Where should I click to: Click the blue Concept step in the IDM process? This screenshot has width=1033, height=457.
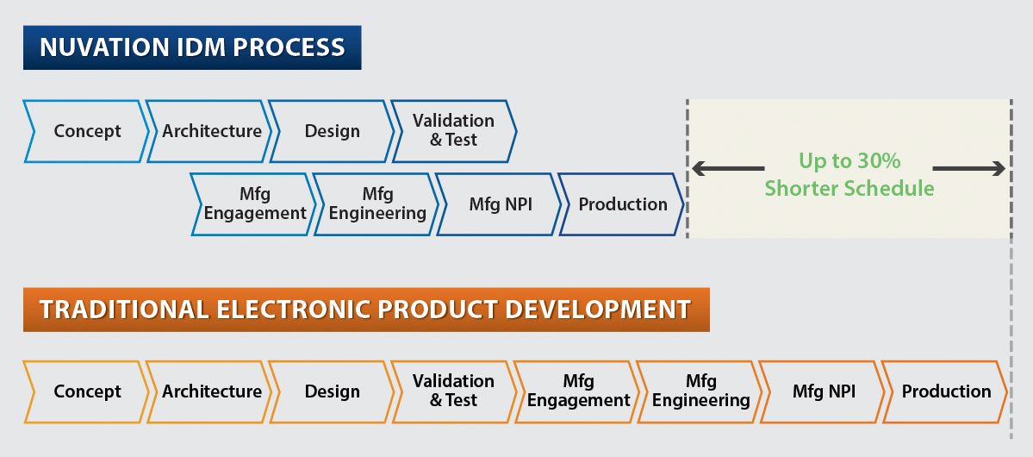point(85,131)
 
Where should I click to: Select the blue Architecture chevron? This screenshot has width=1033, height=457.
point(208,131)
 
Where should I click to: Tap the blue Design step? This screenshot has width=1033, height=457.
point(332,131)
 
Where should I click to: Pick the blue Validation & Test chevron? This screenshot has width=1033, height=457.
point(454,131)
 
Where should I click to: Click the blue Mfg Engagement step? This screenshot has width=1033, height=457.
point(253,204)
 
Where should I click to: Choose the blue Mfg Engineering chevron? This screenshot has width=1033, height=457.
point(376,204)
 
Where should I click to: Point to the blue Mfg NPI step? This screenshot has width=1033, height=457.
point(499,204)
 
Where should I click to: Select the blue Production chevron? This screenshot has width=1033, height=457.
point(621,204)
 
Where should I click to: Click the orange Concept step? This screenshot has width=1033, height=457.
point(85,391)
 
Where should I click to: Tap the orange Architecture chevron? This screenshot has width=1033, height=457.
point(208,391)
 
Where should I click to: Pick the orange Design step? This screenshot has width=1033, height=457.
point(332,391)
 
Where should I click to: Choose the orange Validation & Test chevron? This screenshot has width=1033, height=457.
point(454,391)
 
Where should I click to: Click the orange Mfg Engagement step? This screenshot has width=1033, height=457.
point(576,391)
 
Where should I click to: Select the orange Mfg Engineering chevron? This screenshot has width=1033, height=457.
point(699,391)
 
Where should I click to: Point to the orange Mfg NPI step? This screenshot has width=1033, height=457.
point(822,391)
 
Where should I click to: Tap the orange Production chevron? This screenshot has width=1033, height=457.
point(945,391)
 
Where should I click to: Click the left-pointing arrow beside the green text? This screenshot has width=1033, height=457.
point(728,170)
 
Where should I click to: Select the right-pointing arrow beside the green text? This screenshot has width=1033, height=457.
point(969,170)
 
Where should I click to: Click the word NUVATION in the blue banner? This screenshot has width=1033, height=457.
point(106,47)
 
